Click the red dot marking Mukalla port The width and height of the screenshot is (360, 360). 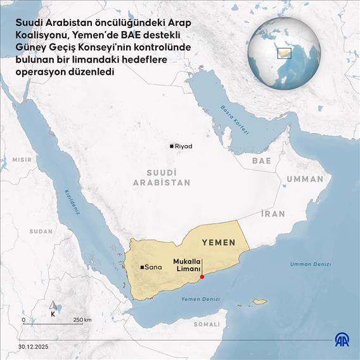tap(202, 276)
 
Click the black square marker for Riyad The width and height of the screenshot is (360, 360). tap(171, 146)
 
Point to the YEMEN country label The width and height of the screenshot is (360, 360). tap(218, 242)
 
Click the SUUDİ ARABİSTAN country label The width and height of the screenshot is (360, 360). tap(161, 177)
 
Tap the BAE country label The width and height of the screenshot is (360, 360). tap(261, 161)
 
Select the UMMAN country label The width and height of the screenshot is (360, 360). tap(304, 179)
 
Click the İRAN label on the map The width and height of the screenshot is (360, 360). tap(273, 214)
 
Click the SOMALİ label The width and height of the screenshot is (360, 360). tap(206, 324)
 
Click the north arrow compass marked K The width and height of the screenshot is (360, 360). tap(53, 311)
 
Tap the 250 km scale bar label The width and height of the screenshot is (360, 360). tap(82, 319)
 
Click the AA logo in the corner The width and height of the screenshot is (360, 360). tap(342, 342)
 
